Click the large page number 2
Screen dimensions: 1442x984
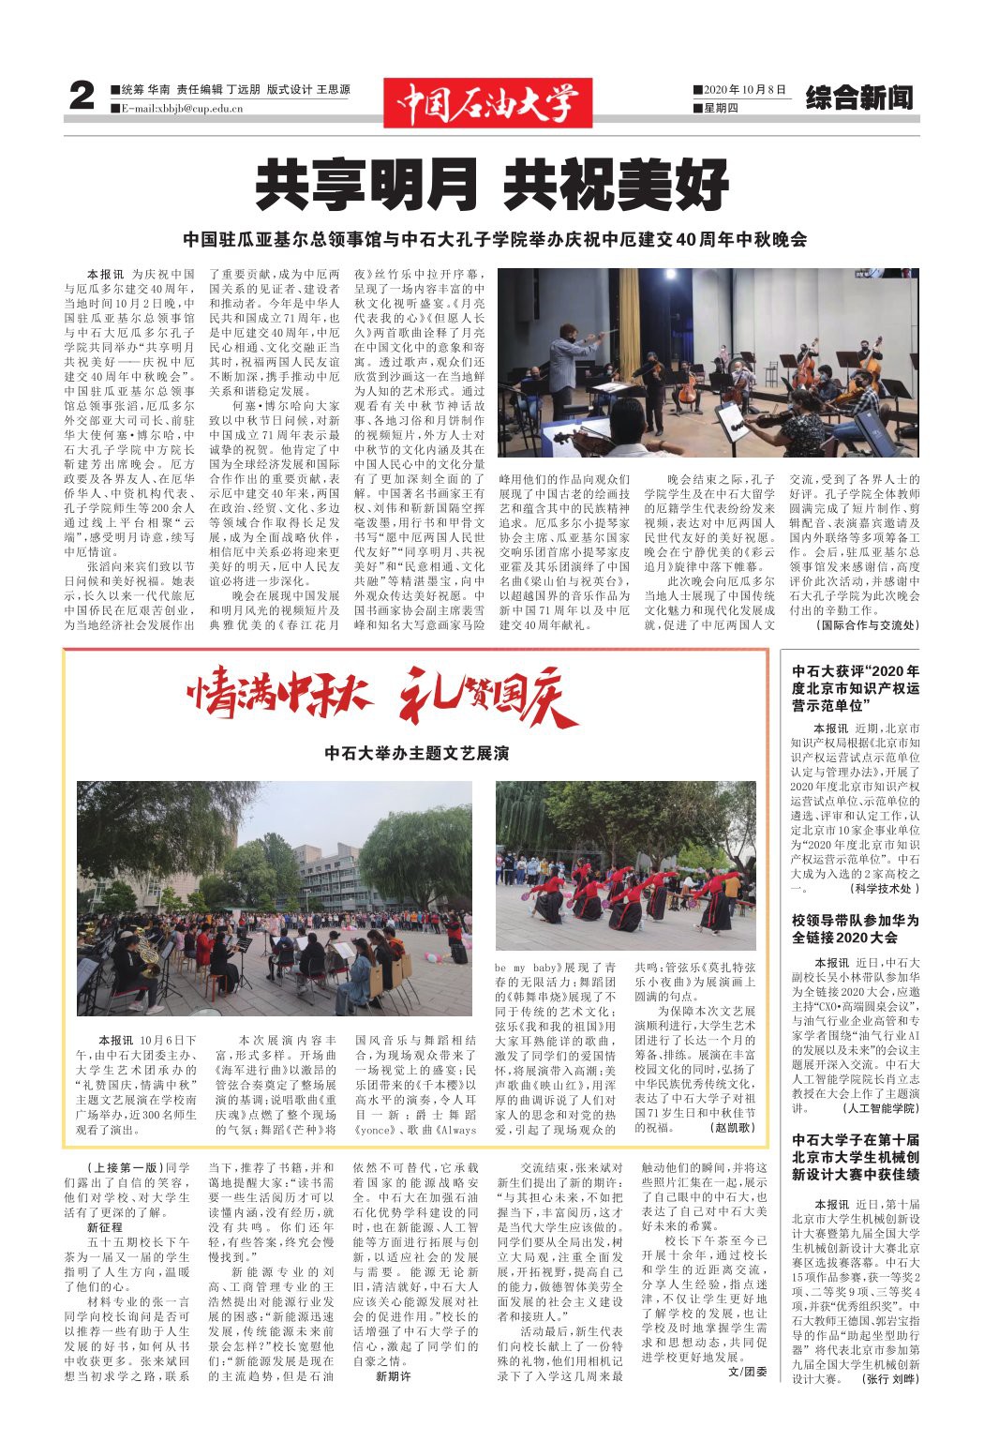(x=82, y=97)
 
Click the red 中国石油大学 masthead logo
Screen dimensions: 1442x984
(x=487, y=102)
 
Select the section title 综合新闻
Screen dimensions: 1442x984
(x=858, y=98)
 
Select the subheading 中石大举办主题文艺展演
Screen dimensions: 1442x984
(x=416, y=753)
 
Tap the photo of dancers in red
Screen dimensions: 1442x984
(x=625, y=864)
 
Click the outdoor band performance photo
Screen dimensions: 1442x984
(x=275, y=898)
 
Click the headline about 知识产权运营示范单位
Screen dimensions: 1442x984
(x=855, y=687)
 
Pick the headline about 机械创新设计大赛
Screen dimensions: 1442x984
(x=855, y=1157)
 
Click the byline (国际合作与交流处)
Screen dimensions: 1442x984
(x=868, y=624)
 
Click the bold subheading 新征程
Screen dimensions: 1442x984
(x=105, y=1226)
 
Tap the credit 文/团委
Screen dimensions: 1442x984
(x=747, y=1372)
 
